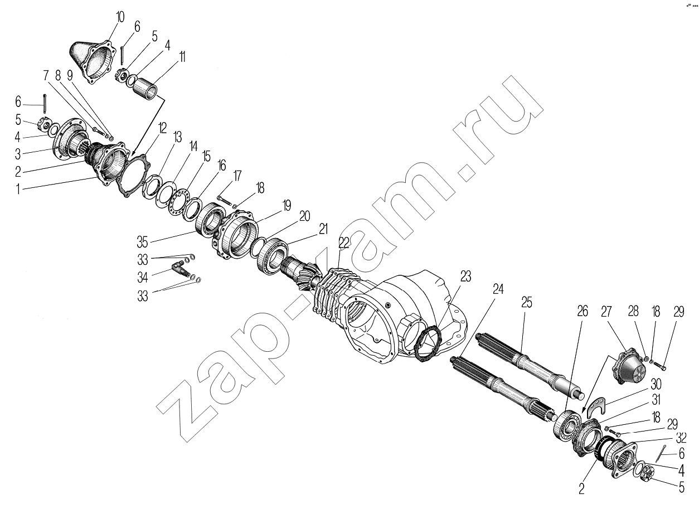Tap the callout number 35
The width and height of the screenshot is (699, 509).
pyautogui.click(x=142, y=242)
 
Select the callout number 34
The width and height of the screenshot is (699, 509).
pyautogui.click(x=143, y=277)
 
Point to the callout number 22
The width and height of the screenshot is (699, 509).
pyautogui.click(x=343, y=243)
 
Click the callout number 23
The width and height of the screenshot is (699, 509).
pyautogui.click(x=465, y=277)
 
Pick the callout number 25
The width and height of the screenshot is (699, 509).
pyautogui.click(x=526, y=302)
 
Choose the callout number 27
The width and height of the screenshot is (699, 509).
pyautogui.click(x=606, y=312)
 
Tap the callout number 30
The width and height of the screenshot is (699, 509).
pyautogui.click(x=656, y=384)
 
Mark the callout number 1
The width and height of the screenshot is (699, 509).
pyautogui.click(x=18, y=189)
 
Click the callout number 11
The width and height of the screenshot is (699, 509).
pyautogui.click(x=182, y=57)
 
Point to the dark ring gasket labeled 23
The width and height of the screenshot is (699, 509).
pyautogui.click(x=429, y=344)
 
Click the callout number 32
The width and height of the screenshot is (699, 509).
pyautogui.click(x=681, y=438)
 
